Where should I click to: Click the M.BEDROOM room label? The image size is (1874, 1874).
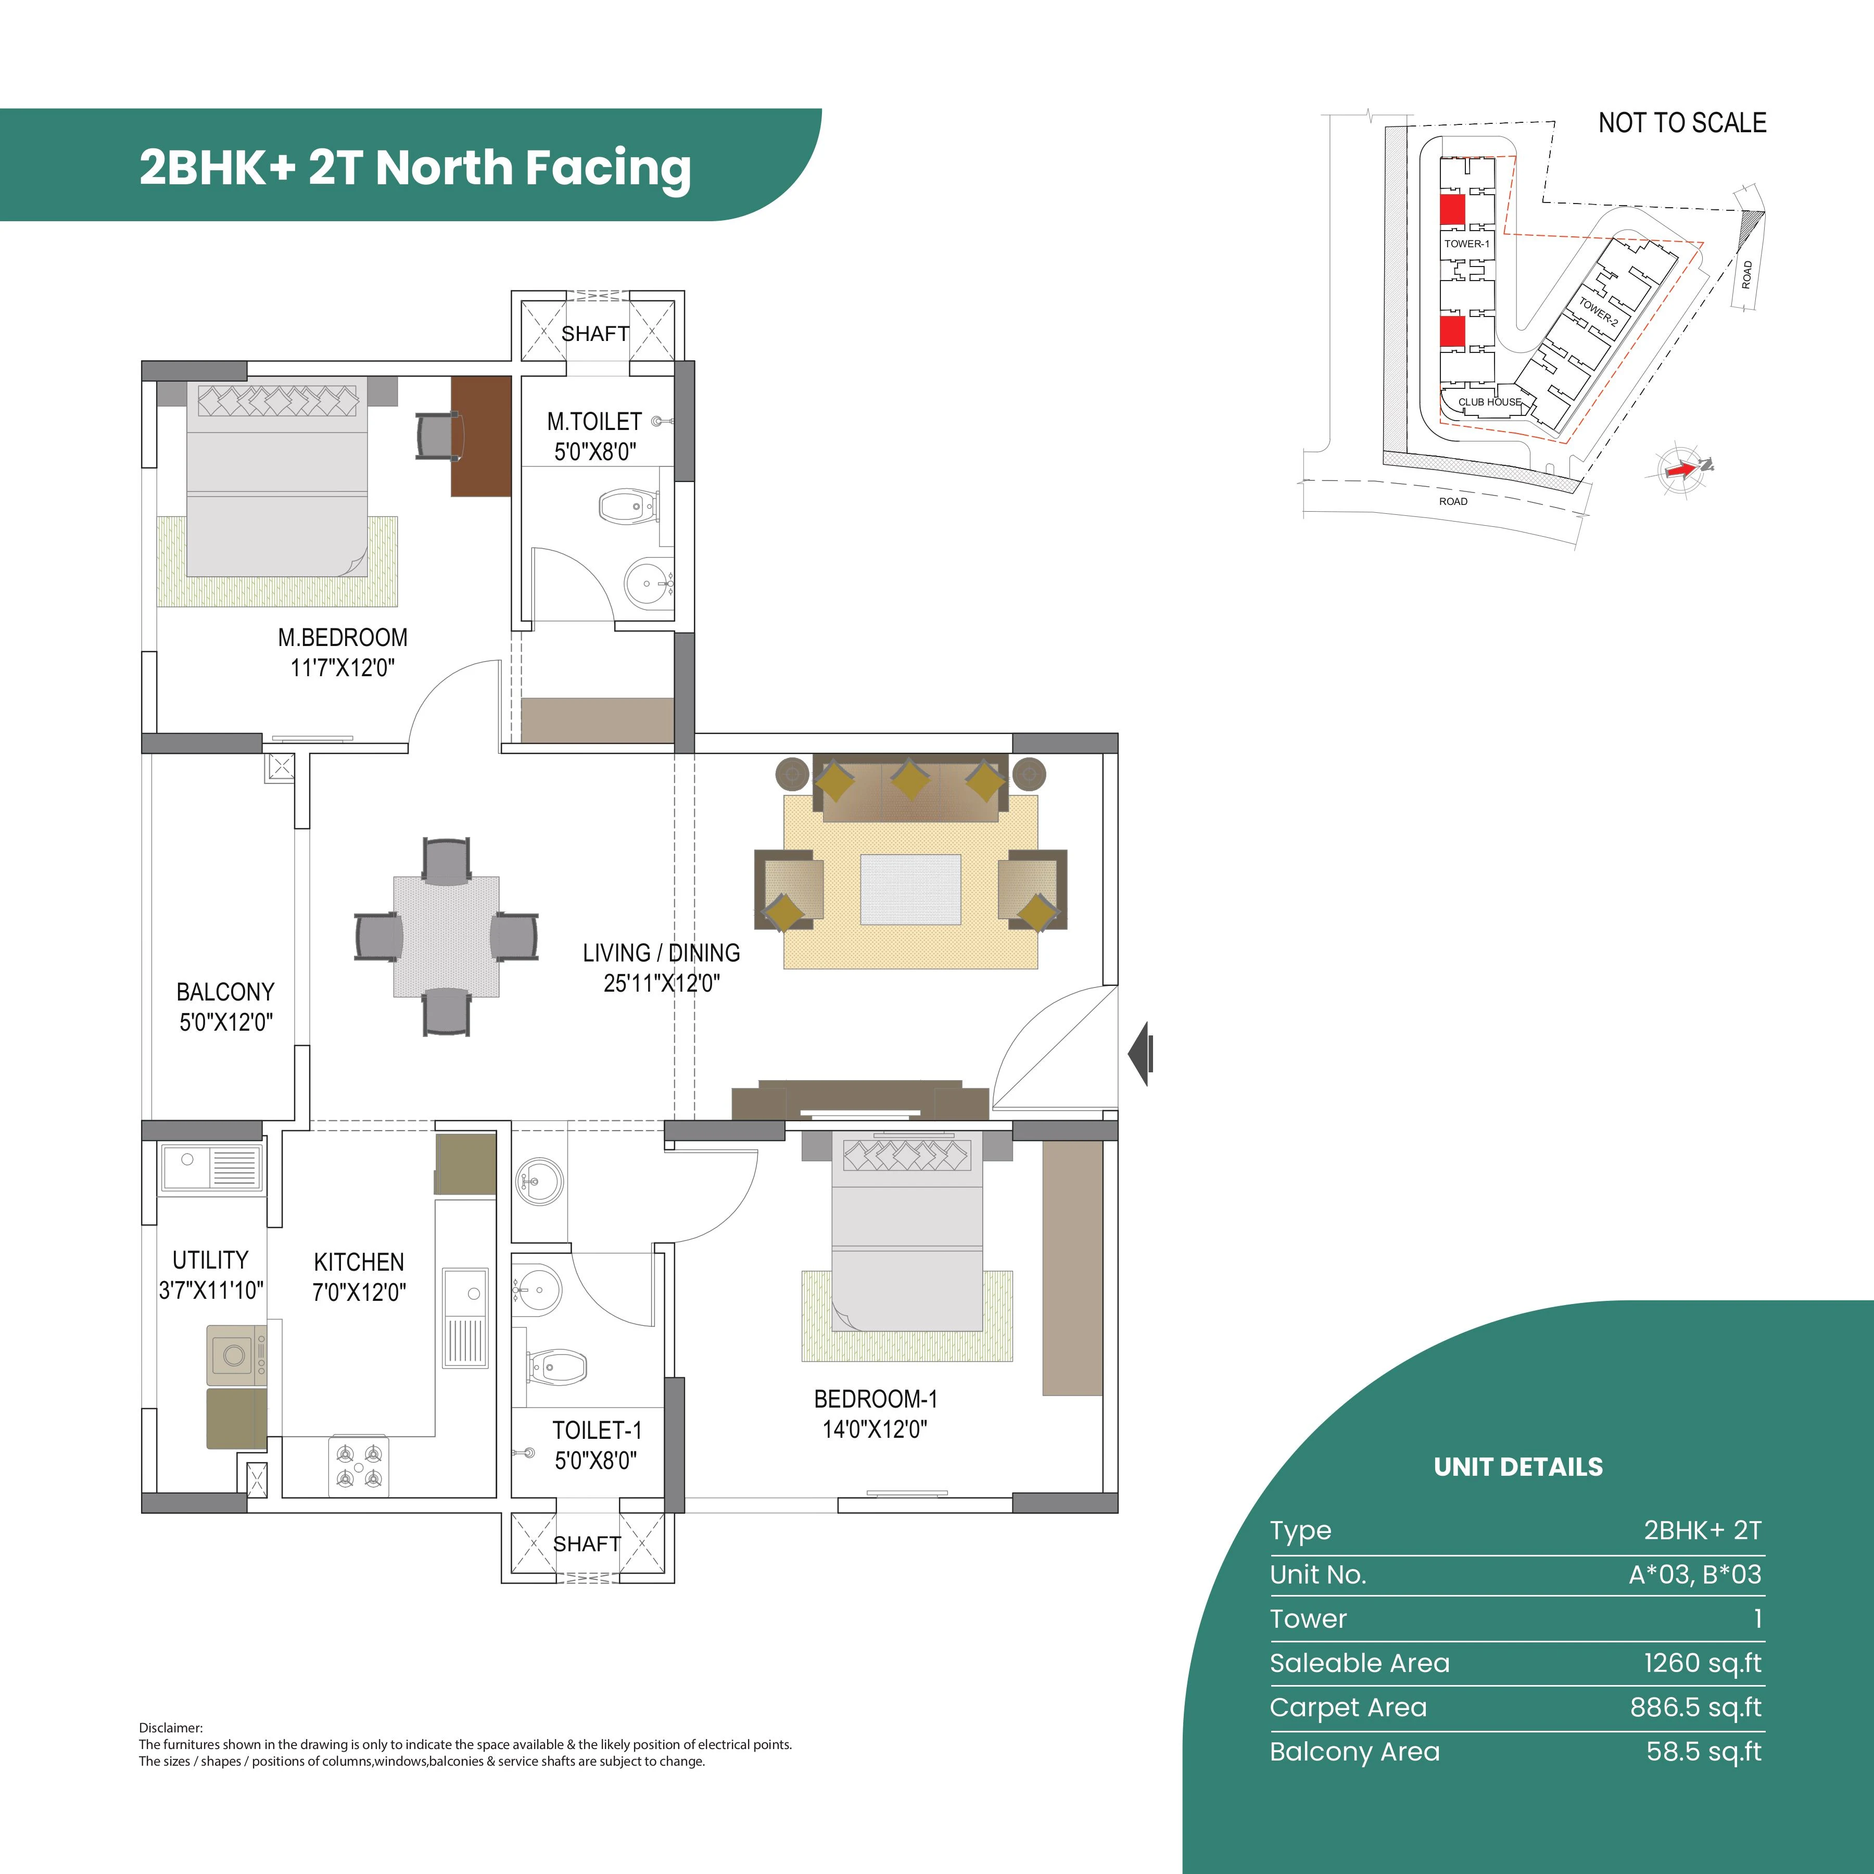coord(343,637)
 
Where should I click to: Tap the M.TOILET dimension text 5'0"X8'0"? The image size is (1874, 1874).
coord(594,451)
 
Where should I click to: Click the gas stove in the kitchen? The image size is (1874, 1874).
coord(359,1465)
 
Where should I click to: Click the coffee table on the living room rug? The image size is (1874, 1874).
coord(910,889)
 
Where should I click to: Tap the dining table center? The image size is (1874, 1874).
coord(446,937)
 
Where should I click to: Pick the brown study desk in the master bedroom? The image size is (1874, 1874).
coord(481,437)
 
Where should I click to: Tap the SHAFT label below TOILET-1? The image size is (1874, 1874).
coord(587,1543)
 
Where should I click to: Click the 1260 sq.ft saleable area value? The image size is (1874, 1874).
coord(1701,1663)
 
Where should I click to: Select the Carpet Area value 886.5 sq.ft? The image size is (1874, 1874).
coord(1694,1707)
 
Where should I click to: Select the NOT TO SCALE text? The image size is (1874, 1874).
coord(1682,123)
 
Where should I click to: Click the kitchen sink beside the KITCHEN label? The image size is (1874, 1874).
coord(465,1316)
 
